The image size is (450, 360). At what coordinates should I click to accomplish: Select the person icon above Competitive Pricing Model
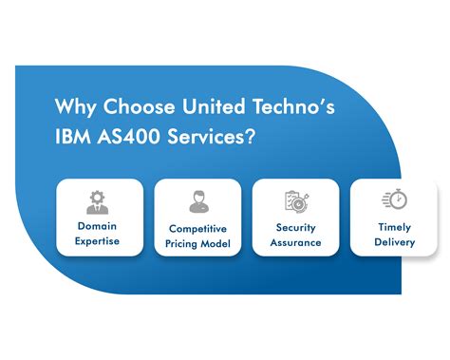tap(197, 202)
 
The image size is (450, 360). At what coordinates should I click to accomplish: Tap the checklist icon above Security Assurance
tap(294, 201)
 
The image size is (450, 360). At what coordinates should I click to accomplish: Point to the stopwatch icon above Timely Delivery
tap(393, 200)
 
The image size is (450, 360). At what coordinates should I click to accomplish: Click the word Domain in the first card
tap(99, 227)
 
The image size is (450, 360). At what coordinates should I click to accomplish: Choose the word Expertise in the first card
tap(99, 242)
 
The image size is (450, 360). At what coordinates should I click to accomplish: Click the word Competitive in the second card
tap(197, 229)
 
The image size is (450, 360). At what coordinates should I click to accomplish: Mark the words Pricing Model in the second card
tap(197, 244)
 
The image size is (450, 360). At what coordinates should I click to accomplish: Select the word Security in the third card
tap(295, 228)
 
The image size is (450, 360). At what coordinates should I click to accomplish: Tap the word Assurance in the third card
tap(295, 243)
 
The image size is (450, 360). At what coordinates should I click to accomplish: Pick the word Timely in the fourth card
tap(393, 227)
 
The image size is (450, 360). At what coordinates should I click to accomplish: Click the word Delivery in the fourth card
tap(393, 242)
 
